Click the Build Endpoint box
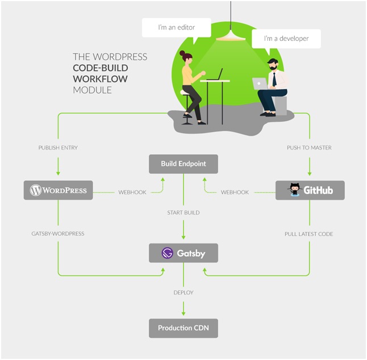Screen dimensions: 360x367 pyautogui.click(x=183, y=164)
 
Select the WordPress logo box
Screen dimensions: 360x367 pyautogui.click(x=58, y=190)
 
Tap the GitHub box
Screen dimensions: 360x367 pyautogui.click(x=310, y=190)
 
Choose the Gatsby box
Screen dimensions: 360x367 pyautogui.click(x=183, y=253)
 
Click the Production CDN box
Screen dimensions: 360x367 pyautogui.click(x=183, y=328)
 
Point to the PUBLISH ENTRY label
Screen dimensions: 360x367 pyautogui.click(x=58, y=148)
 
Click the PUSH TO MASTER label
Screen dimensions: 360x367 pyautogui.click(x=310, y=148)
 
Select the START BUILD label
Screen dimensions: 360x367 pyautogui.click(x=183, y=213)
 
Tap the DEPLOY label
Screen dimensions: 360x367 pyautogui.click(x=183, y=292)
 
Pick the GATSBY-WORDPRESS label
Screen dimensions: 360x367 pyautogui.click(x=58, y=234)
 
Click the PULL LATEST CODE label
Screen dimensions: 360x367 pyautogui.click(x=310, y=234)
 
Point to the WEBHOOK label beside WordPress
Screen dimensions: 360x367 pyautogui.click(x=132, y=192)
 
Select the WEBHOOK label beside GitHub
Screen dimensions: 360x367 pyautogui.click(x=235, y=192)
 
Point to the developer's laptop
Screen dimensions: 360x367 pyautogui.click(x=260, y=84)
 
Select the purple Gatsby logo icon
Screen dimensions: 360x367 pyautogui.click(x=167, y=253)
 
